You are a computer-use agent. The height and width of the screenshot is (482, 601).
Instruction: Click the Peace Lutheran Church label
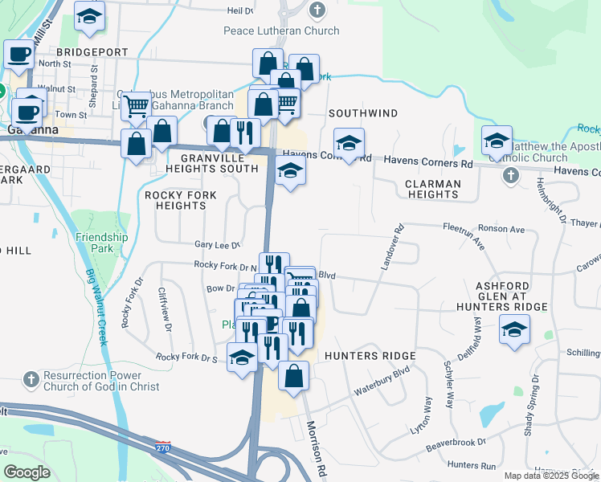[x=281, y=31]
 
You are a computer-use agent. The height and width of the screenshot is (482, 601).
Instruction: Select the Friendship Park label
[x=102, y=243]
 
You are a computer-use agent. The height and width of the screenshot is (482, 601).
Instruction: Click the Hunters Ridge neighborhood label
[x=370, y=356]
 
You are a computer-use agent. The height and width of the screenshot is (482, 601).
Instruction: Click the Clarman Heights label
[x=432, y=190]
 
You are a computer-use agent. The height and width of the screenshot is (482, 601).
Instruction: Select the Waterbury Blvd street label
[x=382, y=382]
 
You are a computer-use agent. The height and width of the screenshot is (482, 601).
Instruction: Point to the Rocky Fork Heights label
[x=176, y=200]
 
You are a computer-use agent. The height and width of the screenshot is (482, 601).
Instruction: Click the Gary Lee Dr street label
[x=218, y=245]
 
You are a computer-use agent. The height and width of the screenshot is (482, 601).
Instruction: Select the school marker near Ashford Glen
[x=514, y=329]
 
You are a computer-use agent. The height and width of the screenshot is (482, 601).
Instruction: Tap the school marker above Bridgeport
[x=90, y=16]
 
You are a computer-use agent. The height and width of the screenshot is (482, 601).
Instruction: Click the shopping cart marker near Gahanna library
[x=137, y=104]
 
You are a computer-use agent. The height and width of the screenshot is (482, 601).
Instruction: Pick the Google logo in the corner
[x=27, y=472]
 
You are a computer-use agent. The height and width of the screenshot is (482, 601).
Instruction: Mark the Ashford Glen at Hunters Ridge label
[x=512, y=296]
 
